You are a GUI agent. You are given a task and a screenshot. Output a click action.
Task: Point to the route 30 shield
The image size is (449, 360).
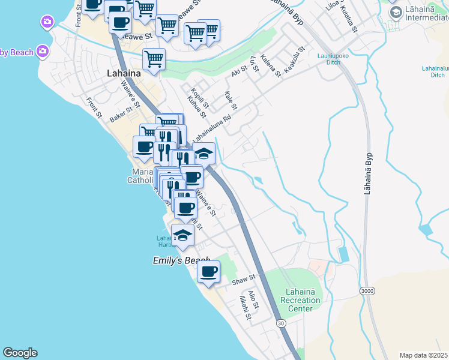pos(281,323)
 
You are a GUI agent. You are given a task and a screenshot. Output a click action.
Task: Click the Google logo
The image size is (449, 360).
pos(20,353)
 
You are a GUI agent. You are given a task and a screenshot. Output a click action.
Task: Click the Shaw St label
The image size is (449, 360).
pos(244,278)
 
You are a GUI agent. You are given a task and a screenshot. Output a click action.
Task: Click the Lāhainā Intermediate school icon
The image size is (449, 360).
pos(396,12)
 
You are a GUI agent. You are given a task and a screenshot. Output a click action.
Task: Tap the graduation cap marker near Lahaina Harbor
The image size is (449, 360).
pos(183,235)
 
